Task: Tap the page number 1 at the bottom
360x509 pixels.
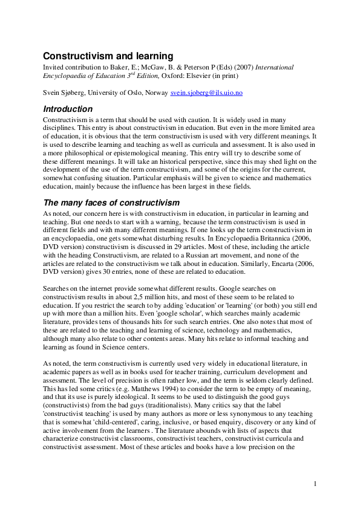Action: [x=315, y=484]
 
